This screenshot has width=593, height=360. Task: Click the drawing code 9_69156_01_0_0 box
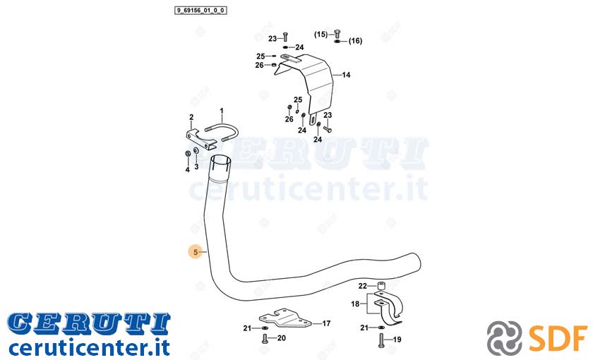200,10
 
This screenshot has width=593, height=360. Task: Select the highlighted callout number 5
196,252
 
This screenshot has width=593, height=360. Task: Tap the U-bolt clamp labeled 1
222,133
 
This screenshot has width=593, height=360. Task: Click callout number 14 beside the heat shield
346,75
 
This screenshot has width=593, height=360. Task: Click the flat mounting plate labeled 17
284,318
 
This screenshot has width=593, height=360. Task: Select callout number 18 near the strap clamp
355,304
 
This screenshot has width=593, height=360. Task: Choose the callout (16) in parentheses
355,41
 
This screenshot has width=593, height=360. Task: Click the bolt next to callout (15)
337,34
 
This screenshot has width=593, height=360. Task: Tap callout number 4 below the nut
187,170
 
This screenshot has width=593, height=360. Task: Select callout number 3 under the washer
196,167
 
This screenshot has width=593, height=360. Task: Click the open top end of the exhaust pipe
220,160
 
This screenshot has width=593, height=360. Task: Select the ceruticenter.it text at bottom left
89,347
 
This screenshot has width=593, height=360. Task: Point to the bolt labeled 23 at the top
285,37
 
